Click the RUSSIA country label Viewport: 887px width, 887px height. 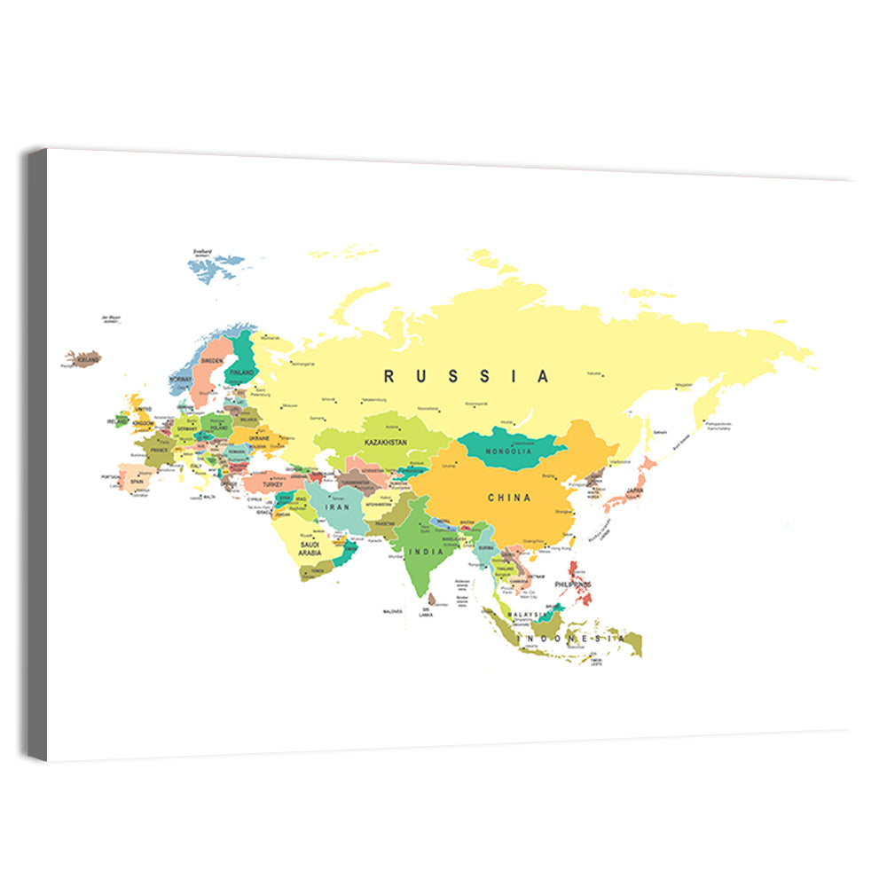467,376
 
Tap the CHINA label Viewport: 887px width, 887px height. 509,498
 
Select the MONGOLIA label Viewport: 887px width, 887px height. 508,451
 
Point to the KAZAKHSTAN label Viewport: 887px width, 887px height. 385,441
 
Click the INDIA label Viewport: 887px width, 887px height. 420,552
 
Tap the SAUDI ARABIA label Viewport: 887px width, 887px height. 309,548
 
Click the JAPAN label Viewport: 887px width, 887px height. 634,491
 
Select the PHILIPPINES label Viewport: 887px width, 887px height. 572,585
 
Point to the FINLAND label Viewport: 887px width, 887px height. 241,373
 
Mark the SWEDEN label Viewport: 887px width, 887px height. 212,361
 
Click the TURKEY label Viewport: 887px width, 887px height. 271,484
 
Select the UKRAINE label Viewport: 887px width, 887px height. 259,438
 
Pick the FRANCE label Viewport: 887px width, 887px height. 159,450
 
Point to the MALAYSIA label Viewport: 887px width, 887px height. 525,614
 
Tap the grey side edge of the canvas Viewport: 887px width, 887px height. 36,452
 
